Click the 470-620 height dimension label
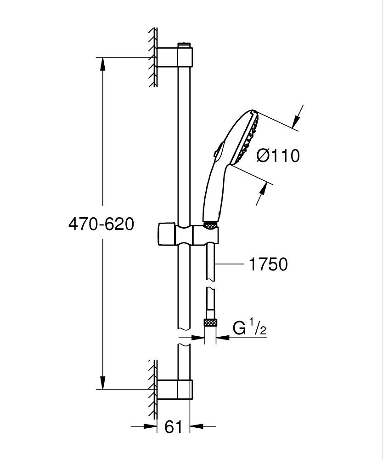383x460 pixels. click(x=101, y=224)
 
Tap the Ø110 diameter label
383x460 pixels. click(x=278, y=156)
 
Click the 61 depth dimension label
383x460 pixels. click(x=173, y=427)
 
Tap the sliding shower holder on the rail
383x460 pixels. click(x=188, y=234)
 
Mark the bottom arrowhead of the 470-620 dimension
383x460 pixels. click(x=102, y=383)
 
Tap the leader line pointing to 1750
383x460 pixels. click(x=230, y=264)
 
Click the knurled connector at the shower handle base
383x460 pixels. click(x=210, y=225)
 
